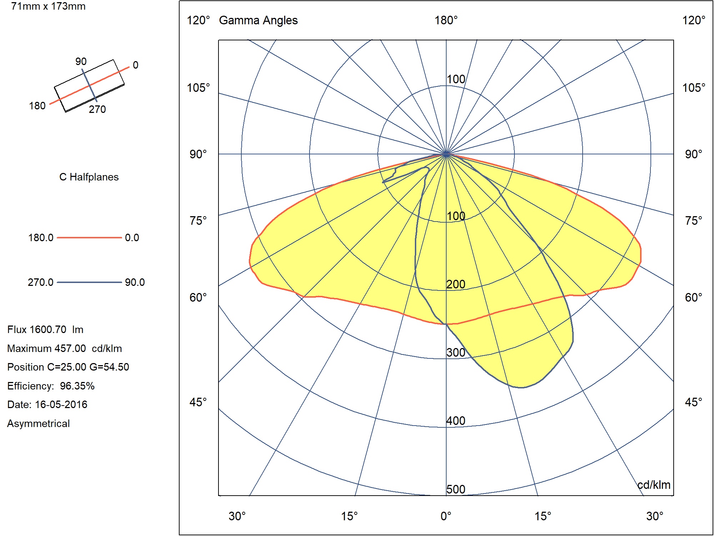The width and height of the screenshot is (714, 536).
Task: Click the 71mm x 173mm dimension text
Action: [x=48, y=6]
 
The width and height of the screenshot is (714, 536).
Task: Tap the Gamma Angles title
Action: [x=258, y=20]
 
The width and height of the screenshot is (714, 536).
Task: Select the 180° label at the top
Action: [x=446, y=20]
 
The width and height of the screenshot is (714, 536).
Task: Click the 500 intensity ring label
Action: [x=456, y=489]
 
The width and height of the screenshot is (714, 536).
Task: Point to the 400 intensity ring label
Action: [x=456, y=421]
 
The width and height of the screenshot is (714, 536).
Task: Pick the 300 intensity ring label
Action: [x=456, y=352]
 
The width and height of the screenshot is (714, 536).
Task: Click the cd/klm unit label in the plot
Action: [x=654, y=485]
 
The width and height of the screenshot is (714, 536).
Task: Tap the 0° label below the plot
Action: [x=446, y=516]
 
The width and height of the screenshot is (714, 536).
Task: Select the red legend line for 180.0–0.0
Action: [x=89, y=237]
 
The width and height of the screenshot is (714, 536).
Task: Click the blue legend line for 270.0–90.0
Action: [x=89, y=282]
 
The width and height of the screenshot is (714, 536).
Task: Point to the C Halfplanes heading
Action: [x=89, y=177]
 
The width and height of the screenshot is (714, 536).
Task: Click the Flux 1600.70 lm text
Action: [x=45, y=329]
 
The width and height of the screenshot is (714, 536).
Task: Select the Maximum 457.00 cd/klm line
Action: [x=65, y=348]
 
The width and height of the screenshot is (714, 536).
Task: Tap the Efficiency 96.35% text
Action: [x=51, y=386]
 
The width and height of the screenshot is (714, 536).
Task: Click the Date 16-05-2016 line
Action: [x=47, y=405]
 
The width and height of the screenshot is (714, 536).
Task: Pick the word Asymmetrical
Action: [x=39, y=423]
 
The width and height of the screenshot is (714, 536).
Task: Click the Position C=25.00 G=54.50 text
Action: [x=68, y=367]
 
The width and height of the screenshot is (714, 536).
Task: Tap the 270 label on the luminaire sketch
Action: [x=97, y=109]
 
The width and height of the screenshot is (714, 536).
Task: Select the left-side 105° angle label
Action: [x=198, y=88]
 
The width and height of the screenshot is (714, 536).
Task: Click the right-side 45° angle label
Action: [x=693, y=402]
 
